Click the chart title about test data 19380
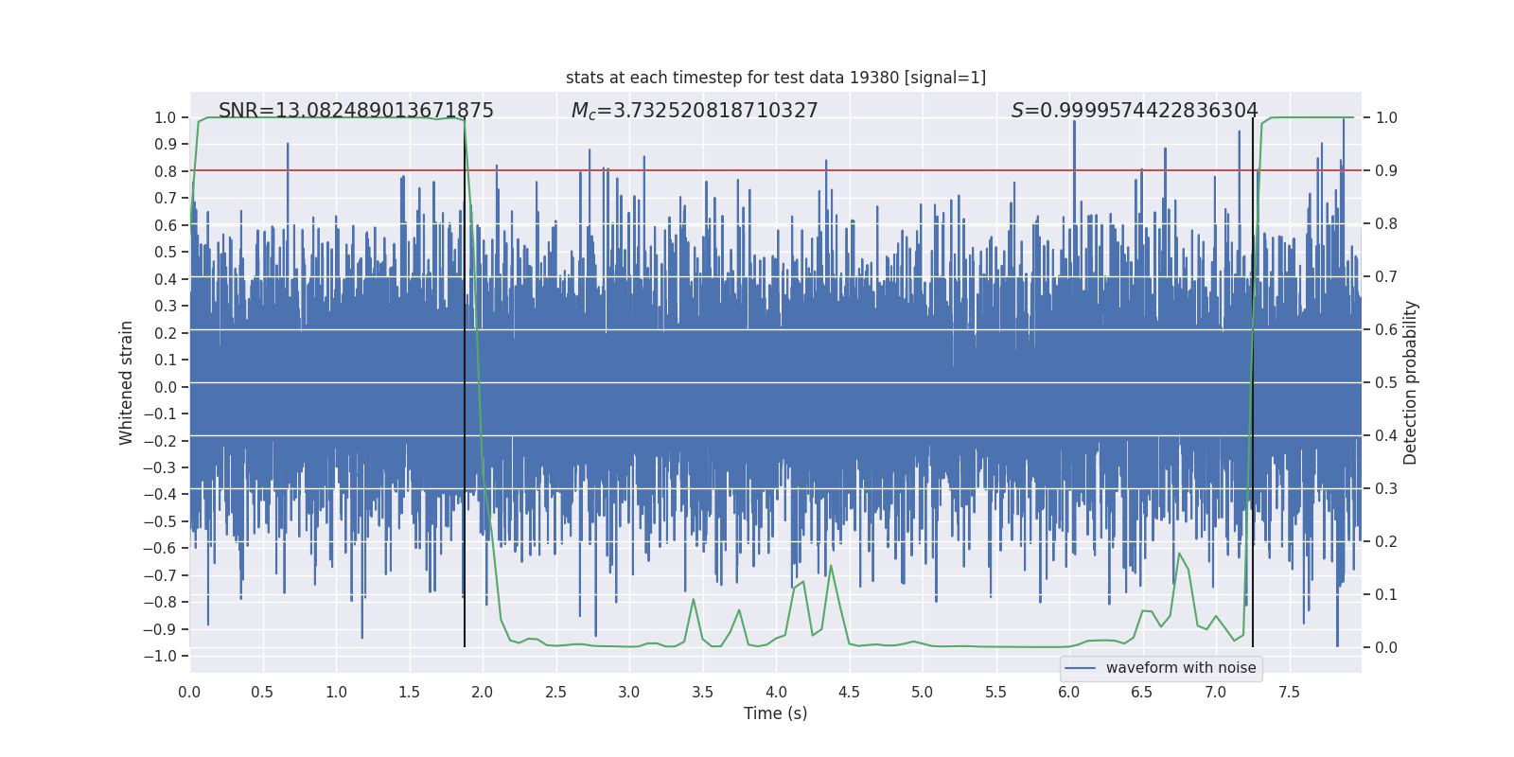pyautogui.click(x=775, y=78)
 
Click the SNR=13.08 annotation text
pyautogui.click(x=356, y=111)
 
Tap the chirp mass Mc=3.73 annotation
pyautogui.click(x=695, y=111)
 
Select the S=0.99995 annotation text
pyautogui.click(x=1135, y=111)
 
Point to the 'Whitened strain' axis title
pyautogui.click(x=127, y=382)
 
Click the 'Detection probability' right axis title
pyautogui.click(x=1411, y=382)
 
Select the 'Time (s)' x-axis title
pyautogui.click(x=775, y=713)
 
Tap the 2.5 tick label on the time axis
pyautogui.click(x=555, y=693)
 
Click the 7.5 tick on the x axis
pyautogui.click(x=1289, y=693)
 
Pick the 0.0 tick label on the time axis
pyautogui.click(x=189, y=693)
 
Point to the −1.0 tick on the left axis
pyautogui.click(x=165, y=656)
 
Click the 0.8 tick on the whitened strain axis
pyautogui.click(x=166, y=171)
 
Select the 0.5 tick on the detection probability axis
pyautogui.click(x=1386, y=382)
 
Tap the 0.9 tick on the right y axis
pyautogui.click(x=1386, y=170)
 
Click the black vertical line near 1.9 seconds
pyautogui.click(x=465, y=378)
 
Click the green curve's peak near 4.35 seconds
pyautogui.click(x=831, y=566)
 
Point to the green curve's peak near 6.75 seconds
pyautogui.click(x=1179, y=554)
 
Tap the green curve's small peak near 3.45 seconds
pyautogui.click(x=694, y=599)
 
